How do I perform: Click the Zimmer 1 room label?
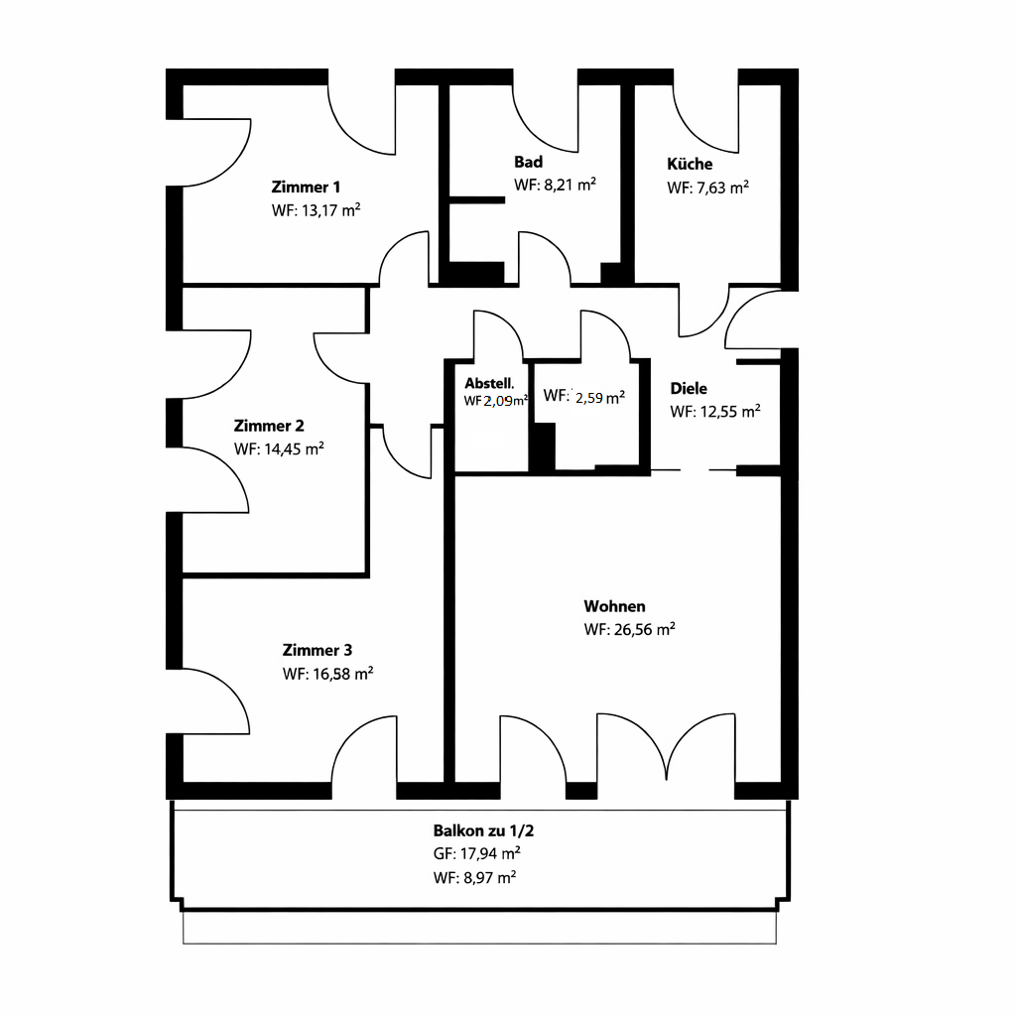pyautogui.click(x=306, y=188)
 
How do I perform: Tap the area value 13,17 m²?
pyautogui.click(x=331, y=210)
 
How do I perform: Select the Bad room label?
pyautogui.click(x=528, y=162)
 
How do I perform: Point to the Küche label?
pyautogui.click(x=690, y=164)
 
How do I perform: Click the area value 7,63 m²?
pyautogui.click(x=722, y=188)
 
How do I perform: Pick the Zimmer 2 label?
pyautogui.click(x=268, y=426)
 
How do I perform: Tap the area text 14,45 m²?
pyautogui.click(x=294, y=449)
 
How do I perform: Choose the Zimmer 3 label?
pyautogui.click(x=317, y=650)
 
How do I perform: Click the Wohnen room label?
pyautogui.click(x=614, y=606)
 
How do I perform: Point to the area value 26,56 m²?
pyautogui.click(x=645, y=629)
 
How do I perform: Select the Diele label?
pyautogui.click(x=689, y=389)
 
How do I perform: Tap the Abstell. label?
pyautogui.click(x=489, y=384)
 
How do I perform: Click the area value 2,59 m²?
pyautogui.click(x=600, y=397)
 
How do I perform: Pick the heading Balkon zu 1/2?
pyautogui.click(x=483, y=830)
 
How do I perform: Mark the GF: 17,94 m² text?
pyautogui.click(x=477, y=853)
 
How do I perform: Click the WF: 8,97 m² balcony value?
pyautogui.click(x=474, y=877)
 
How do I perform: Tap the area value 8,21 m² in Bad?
pyautogui.click(x=570, y=185)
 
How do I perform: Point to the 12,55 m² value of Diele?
pyautogui.click(x=730, y=412)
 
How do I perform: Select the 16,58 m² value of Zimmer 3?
pyautogui.click(x=342, y=674)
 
